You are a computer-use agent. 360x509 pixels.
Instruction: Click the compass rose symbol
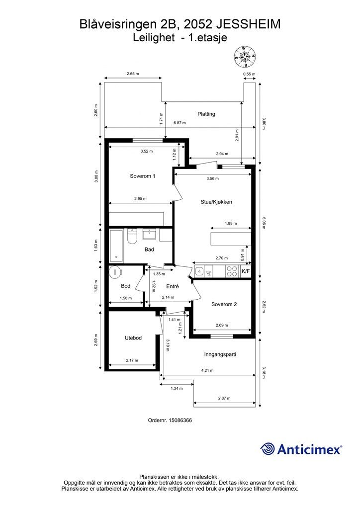click(245, 57)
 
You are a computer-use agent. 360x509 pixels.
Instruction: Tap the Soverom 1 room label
click(143, 176)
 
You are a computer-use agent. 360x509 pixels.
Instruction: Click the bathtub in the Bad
click(116, 246)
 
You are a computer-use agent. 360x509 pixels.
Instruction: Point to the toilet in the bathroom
click(132, 237)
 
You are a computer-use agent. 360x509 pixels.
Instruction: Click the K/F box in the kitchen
click(246, 271)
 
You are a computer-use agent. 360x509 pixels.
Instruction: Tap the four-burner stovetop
click(232, 271)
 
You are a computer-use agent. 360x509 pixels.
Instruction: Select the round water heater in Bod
click(115, 272)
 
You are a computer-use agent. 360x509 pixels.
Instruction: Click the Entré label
click(173, 286)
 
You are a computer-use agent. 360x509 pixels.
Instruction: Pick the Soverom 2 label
click(224, 304)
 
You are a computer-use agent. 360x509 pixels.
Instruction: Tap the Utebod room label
click(133, 338)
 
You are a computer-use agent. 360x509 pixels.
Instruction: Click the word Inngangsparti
click(220, 354)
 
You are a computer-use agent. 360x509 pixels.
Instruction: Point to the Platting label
click(206, 114)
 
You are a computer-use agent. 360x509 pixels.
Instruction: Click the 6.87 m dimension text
click(180, 123)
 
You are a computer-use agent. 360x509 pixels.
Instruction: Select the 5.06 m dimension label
click(264, 223)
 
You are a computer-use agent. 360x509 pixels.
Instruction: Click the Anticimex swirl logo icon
click(268, 449)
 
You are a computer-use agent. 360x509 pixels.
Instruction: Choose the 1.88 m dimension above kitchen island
click(231, 223)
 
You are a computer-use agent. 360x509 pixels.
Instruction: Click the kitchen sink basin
click(199, 271)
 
